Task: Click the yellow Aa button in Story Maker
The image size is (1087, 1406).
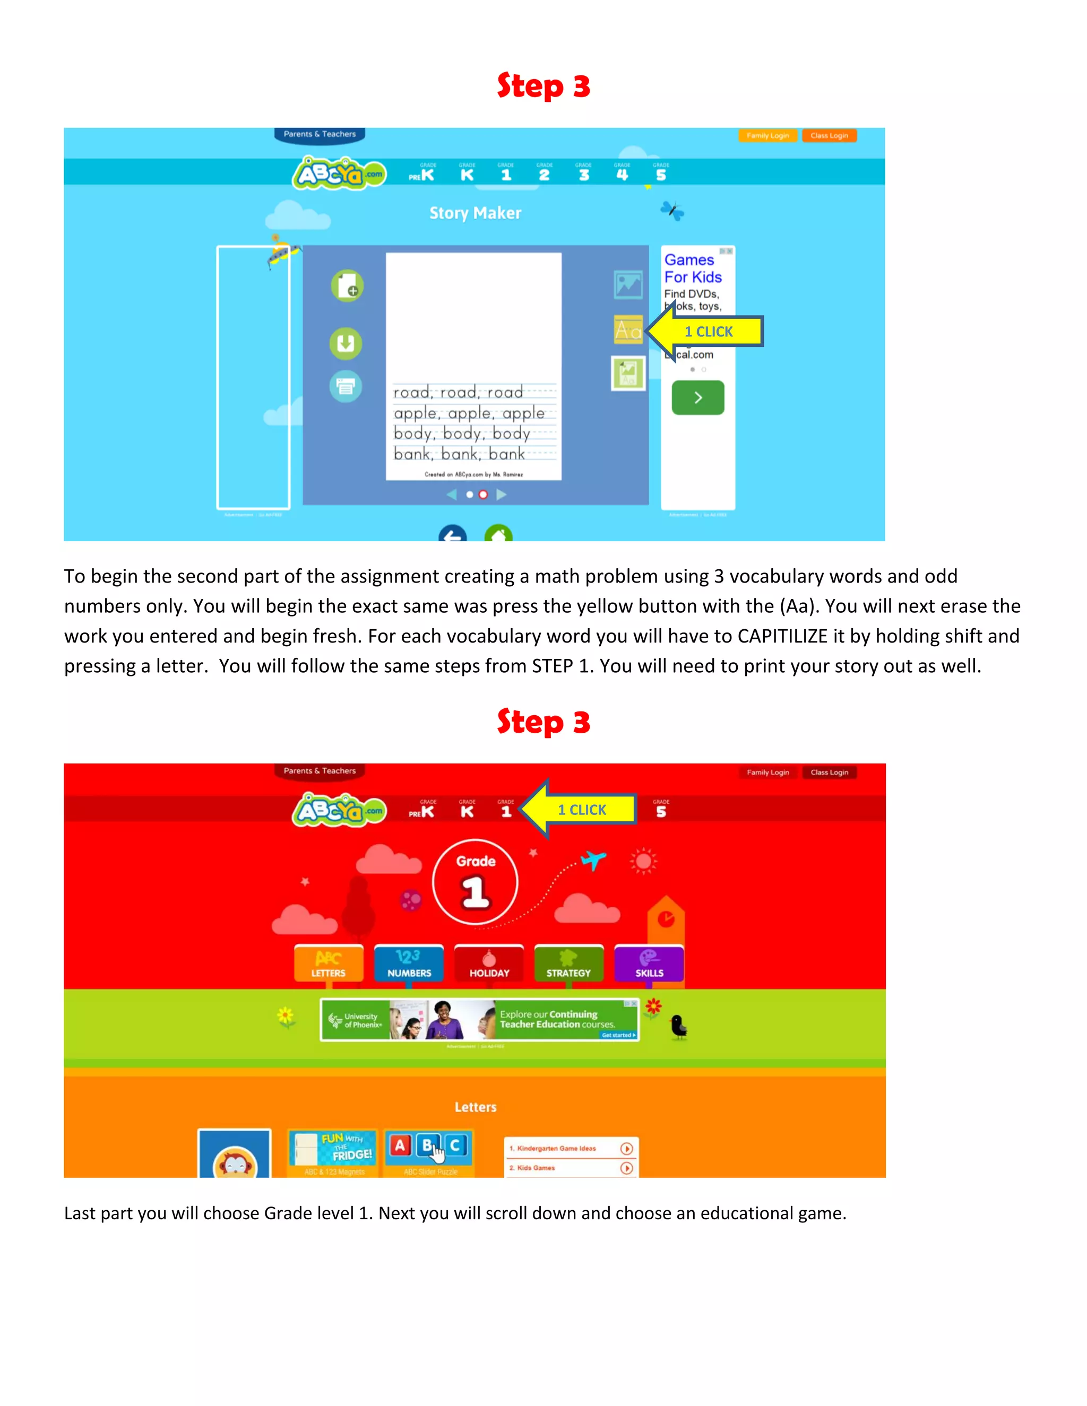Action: [628, 329]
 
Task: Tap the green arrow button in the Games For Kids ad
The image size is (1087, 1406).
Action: [697, 398]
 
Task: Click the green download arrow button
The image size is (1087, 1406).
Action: [346, 343]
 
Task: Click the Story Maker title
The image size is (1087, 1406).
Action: [475, 213]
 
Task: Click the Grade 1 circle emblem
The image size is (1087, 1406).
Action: [475, 882]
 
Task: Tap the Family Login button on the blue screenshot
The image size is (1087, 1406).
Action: [767, 136]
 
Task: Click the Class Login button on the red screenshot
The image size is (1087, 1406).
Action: [830, 773]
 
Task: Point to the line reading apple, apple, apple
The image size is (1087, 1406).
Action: [469, 413]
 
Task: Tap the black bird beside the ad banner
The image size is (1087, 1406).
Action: [678, 1026]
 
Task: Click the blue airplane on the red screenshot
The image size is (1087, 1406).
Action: [593, 860]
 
